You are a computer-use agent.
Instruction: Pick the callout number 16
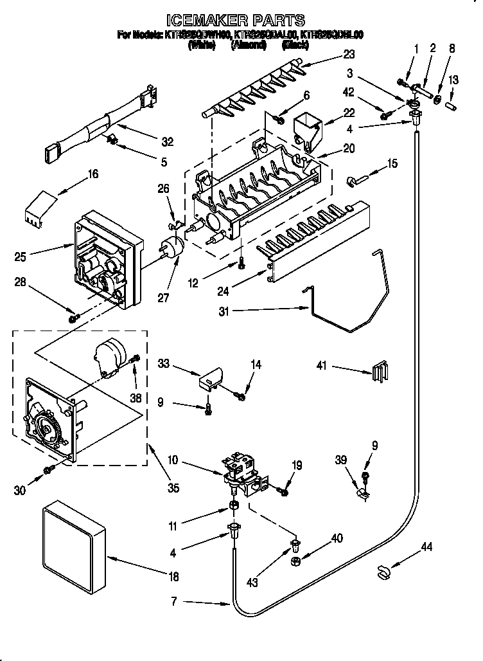(x=93, y=174)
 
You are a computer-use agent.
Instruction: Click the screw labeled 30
(x=48, y=471)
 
